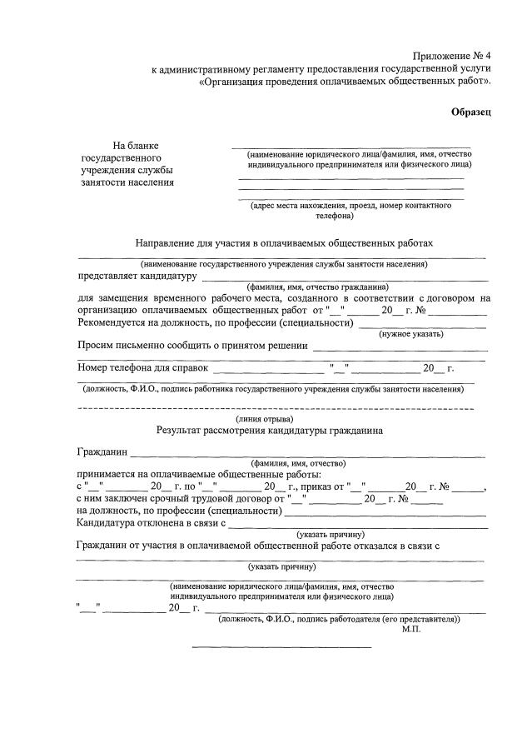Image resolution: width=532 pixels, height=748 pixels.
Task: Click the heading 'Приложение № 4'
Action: (449, 55)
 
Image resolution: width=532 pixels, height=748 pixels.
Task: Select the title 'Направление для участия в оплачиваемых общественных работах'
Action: (285, 243)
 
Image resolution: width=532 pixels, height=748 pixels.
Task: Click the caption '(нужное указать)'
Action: (411, 333)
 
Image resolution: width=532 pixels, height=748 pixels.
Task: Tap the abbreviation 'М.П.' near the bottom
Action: (411, 630)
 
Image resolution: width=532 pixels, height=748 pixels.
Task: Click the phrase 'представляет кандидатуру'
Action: (137, 276)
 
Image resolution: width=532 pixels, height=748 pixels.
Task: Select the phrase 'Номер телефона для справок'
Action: (142, 367)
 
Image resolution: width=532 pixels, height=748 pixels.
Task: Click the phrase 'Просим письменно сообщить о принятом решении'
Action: (192, 345)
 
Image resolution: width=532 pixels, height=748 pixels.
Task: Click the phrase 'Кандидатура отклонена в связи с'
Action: (152, 523)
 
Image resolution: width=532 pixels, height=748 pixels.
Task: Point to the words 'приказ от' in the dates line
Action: (320, 486)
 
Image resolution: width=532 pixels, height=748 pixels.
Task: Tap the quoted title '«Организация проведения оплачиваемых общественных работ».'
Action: (346, 82)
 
